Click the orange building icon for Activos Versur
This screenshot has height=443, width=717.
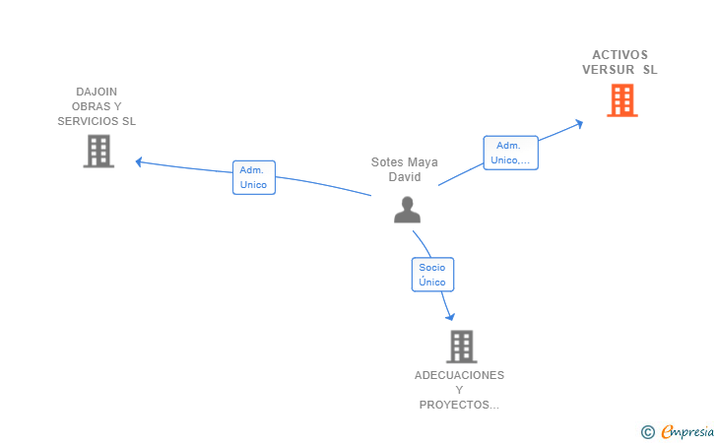(621, 100)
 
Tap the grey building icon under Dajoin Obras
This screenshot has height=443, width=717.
(98, 152)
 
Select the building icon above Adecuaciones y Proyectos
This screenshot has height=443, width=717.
(461, 347)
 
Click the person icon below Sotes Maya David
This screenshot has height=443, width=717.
(407, 210)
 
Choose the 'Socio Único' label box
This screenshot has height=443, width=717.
(432, 275)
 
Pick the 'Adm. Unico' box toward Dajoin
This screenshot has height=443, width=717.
(253, 177)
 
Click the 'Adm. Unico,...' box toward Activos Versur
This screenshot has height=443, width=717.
(510, 153)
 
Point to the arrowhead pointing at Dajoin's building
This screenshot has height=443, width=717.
(139, 161)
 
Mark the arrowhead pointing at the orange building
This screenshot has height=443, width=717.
(580, 123)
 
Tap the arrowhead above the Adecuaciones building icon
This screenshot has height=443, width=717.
(450, 317)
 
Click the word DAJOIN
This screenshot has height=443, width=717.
(97, 92)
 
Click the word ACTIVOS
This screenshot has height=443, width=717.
(620, 55)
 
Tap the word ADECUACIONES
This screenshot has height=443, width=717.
(459, 375)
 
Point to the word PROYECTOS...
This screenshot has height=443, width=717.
(455, 405)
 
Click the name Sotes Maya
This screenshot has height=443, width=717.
(405, 162)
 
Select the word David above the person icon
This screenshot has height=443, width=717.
(405, 177)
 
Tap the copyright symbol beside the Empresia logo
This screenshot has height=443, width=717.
(648, 432)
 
